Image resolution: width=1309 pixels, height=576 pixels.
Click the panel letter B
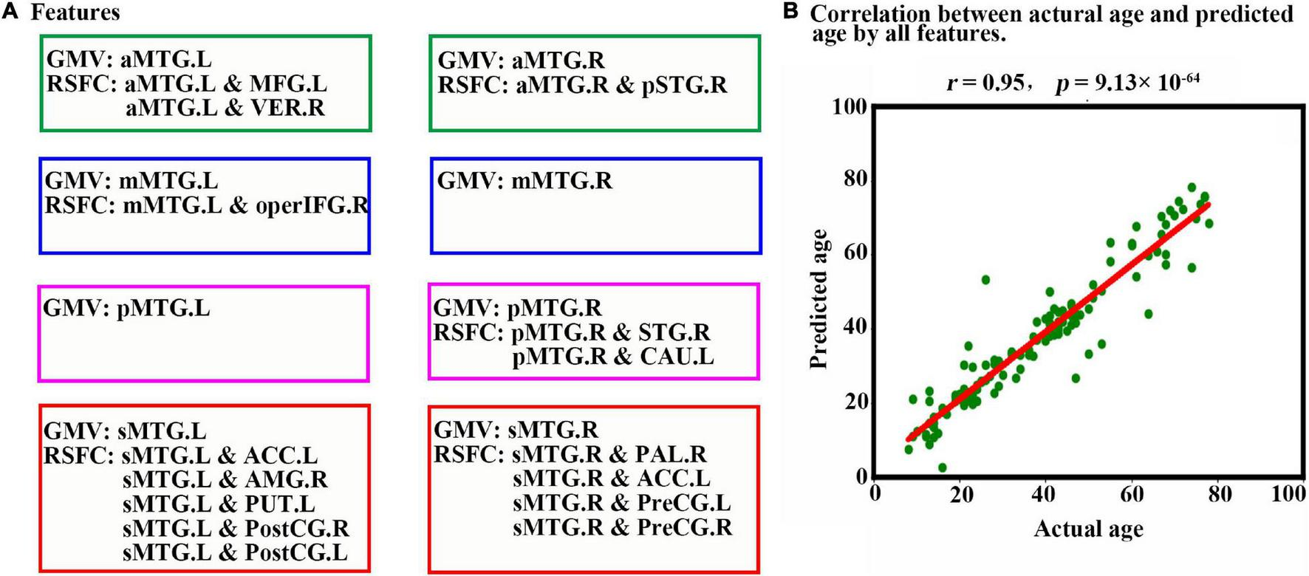pos(791,13)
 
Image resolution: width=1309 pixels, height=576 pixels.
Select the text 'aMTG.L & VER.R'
pos(225,108)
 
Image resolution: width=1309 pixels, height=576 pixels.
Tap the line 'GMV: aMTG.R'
pos(522,61)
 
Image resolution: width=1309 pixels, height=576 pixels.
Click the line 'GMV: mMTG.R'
pos(524,181)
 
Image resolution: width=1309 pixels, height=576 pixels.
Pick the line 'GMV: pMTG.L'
pos(127,308)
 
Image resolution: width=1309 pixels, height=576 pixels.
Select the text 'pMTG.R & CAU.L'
pos(612,357)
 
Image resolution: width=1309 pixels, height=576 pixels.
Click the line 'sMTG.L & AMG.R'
pos(225,480)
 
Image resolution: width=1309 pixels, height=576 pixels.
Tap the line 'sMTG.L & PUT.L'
pos(219,504)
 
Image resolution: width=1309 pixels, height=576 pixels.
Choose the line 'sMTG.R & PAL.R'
pos(609,454)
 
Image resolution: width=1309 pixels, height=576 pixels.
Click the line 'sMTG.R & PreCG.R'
pos(622,527)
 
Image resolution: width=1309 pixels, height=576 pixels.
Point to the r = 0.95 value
pos(985,83)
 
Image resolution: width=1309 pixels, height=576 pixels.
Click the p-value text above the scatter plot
pos(1127,81)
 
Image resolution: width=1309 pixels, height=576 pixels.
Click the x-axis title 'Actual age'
pos(1088,529)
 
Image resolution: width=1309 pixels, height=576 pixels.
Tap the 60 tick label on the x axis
pos(1132,493)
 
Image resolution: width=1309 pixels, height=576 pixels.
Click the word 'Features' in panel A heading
pos(75,12)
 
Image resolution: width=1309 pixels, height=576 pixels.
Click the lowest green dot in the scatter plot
pos(942,467)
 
